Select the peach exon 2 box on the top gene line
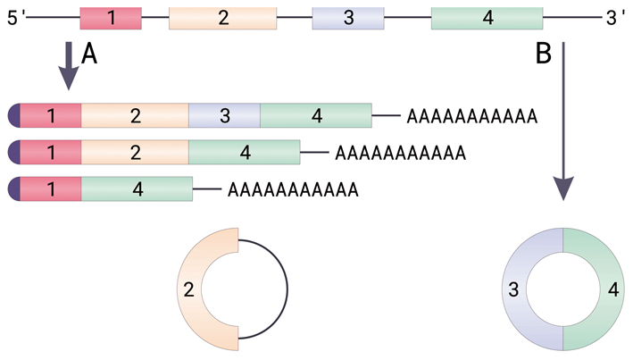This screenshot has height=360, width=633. (221, 17)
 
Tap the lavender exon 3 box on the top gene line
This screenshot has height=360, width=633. (347, 17)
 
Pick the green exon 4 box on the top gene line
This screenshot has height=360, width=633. (487, 17)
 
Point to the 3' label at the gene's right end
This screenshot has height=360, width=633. (615, 17)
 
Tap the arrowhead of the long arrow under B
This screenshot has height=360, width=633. (563, 188)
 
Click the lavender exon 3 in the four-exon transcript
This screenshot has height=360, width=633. (224, 116)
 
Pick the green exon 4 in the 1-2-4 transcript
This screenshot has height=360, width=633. (244, 153)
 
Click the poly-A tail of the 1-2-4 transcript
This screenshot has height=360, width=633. (400, 153)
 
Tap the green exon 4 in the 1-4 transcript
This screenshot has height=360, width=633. (137, 189)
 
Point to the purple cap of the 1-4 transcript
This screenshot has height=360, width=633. (12, 189)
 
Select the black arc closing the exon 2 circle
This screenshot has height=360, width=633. (286, 289)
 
